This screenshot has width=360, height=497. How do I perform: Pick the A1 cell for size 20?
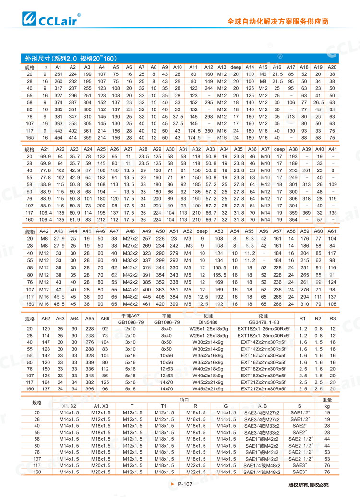click(59, 74)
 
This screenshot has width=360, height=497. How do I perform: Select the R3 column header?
click(333, 318)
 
